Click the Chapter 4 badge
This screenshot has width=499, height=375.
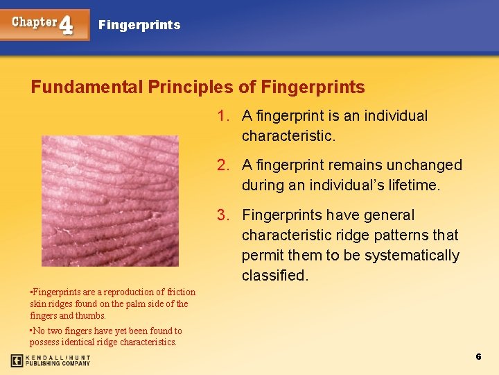pos(45,24)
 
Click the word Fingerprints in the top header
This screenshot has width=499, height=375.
pos(139,25)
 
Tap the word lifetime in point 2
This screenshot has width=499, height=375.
pos(414,185)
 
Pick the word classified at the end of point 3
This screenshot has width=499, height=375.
pos(273,276)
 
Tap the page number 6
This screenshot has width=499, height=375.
pos(478,356)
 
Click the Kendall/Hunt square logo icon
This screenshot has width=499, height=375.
pos(17,360)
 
